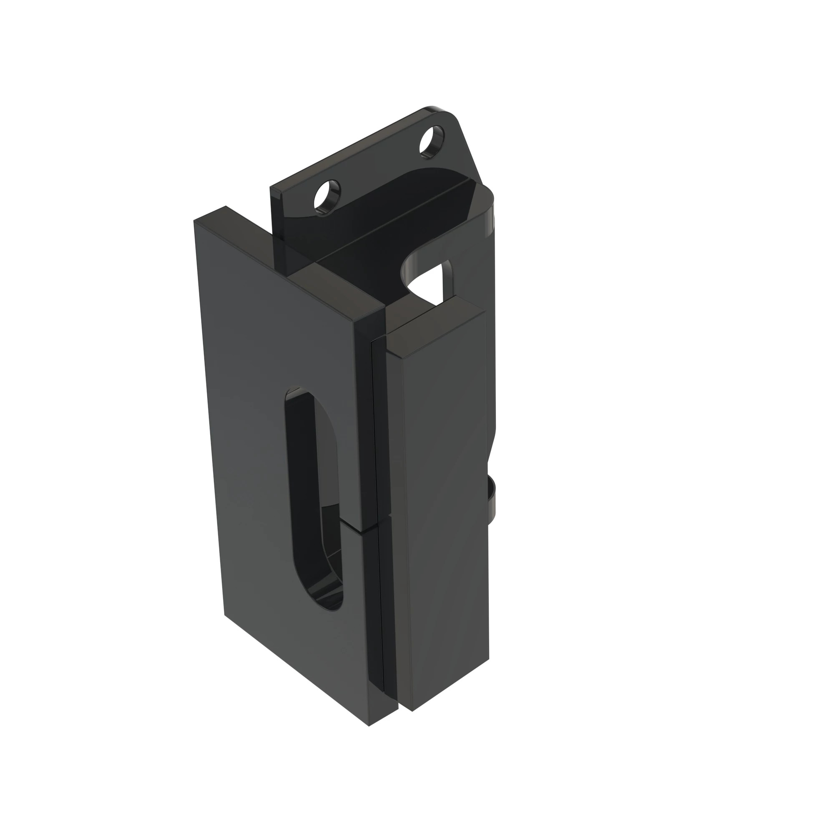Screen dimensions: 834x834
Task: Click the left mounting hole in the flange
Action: coord(327,196)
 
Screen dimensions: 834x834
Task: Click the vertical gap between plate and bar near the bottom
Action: coord(400,669)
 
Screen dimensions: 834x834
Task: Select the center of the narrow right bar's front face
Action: coord(447,510)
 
